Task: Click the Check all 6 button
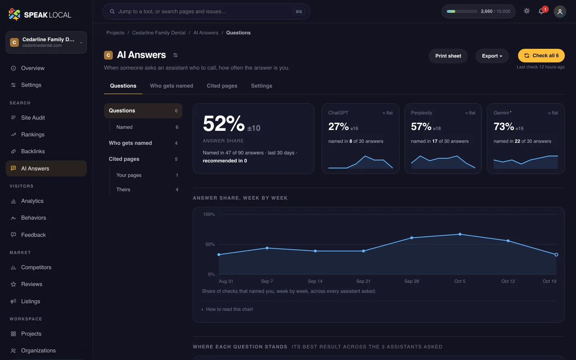point(541,56)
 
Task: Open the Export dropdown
point(492,56)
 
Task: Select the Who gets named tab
point(172,86)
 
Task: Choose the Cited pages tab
point(222,86)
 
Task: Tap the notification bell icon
point(541,11)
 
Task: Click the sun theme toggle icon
point(527,11)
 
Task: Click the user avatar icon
point(560,12)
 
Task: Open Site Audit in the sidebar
point(33,118)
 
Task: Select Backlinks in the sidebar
point(33,151)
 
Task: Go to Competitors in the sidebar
point(36,267)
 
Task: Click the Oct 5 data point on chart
point(460,234)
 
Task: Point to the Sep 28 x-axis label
point(412,281)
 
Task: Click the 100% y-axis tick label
point(208,214)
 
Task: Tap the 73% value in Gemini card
point(504,126)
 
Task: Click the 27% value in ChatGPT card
point(338,126)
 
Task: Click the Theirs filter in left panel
point(123,190)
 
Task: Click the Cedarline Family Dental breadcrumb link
point(159,33)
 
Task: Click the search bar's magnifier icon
point(112,11)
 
